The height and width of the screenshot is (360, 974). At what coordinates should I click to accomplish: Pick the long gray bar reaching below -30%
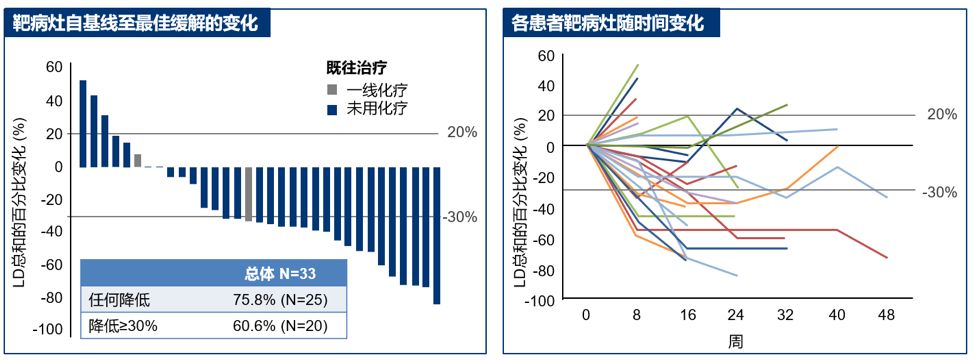tap(248, 193)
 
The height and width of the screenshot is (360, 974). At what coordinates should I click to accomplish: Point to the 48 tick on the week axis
tap(886, 315)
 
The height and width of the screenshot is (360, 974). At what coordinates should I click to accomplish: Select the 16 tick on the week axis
tap(686, 315)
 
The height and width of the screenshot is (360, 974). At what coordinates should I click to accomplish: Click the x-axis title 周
tap(735, 341)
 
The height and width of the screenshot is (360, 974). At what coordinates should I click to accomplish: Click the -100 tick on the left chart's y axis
tap(48, 330)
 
